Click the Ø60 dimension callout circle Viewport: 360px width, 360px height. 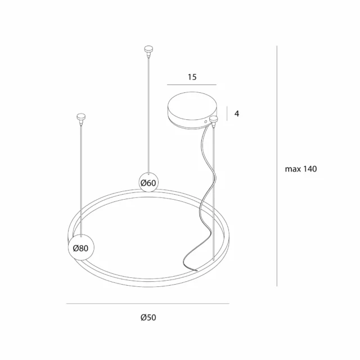coord(148,182)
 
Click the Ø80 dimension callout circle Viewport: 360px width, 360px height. coord(80,247)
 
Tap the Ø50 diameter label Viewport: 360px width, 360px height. coord(148,318)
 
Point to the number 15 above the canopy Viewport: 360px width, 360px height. coord(192,78)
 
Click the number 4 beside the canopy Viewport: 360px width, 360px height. coord(237,114)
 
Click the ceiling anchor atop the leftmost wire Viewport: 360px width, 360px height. coord(80,118)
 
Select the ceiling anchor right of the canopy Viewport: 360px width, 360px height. coord(214,120)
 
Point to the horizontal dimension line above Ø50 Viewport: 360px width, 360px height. coord(147,304)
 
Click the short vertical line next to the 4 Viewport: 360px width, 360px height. coord(227,114)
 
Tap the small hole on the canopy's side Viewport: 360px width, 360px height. coord(206,120)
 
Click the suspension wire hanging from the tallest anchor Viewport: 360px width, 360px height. coord(148,112)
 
